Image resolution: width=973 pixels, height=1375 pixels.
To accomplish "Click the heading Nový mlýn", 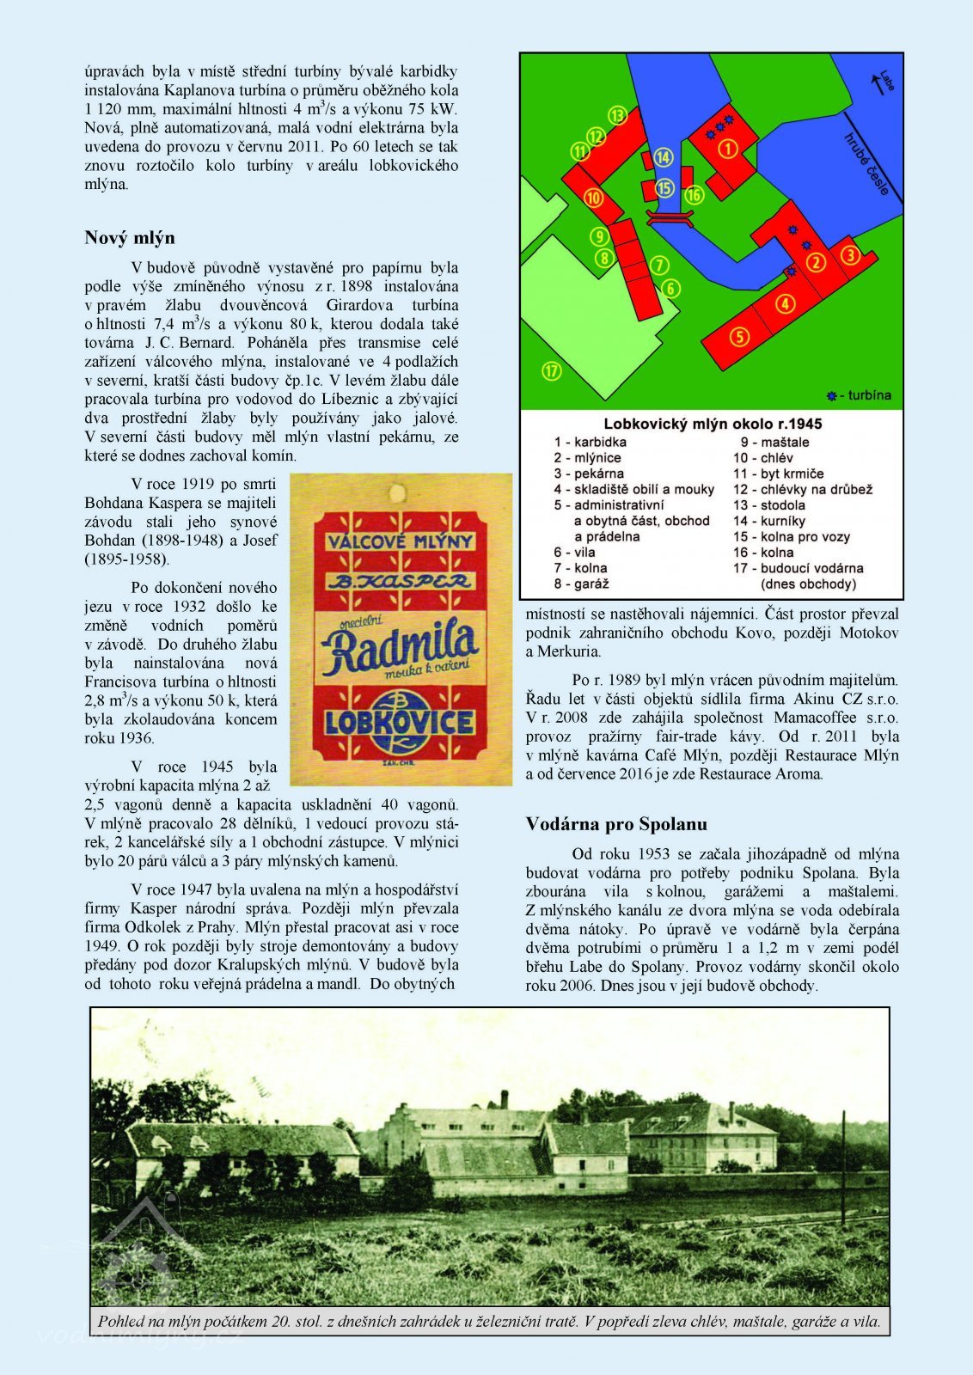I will (x=129, y=238).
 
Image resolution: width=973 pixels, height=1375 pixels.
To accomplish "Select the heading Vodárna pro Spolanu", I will (x=616, y=824).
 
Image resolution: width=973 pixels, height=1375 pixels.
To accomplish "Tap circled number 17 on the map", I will (x=552, y=371).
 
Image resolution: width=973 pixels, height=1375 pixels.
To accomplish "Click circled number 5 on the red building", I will (x=739, y=336).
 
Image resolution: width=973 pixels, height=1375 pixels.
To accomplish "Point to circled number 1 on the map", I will (x=728, y=149).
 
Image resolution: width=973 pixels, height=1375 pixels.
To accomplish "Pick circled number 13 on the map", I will (x=617, y=115).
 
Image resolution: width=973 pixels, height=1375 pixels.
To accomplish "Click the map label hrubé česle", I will (x=866, y=163).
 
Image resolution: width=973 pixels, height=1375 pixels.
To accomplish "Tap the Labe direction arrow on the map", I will (x=879, y=82).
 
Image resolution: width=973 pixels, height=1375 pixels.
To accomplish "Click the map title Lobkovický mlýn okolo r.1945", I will (x=713, y=424).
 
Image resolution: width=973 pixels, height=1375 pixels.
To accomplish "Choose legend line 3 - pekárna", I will (x=589, y=474).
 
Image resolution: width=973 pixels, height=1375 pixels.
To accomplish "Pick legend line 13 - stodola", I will (x=768, y=505).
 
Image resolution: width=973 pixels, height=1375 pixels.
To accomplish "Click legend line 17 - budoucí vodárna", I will (x=798, y=568).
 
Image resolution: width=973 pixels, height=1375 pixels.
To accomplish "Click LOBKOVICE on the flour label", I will (x=400, y=721).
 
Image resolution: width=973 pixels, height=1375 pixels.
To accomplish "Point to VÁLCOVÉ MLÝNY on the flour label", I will (x=400, y=541).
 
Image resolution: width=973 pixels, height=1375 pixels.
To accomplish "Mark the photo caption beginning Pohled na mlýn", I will (x=489, y=1321).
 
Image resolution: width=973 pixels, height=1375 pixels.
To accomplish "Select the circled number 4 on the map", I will (x=785, y=302).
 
